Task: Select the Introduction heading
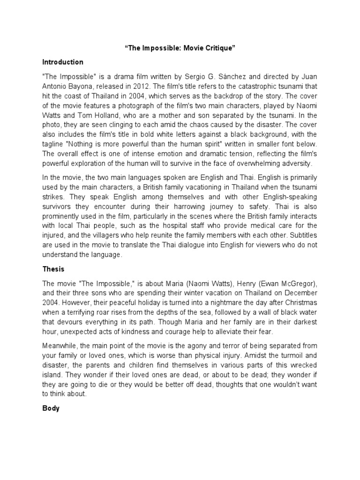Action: pos(63,62)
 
